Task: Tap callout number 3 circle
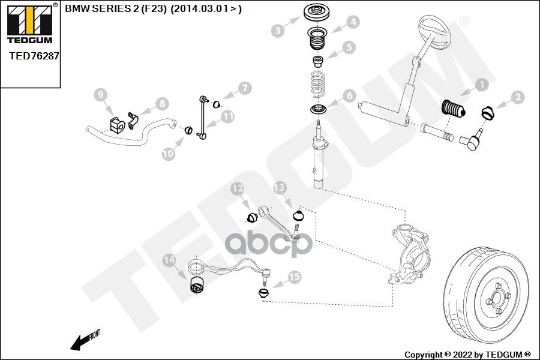[x=277, y=30]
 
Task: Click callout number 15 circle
[x=294, y=277]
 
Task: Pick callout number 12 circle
[x=238, y=190]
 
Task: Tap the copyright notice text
[x=467, y=354]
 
